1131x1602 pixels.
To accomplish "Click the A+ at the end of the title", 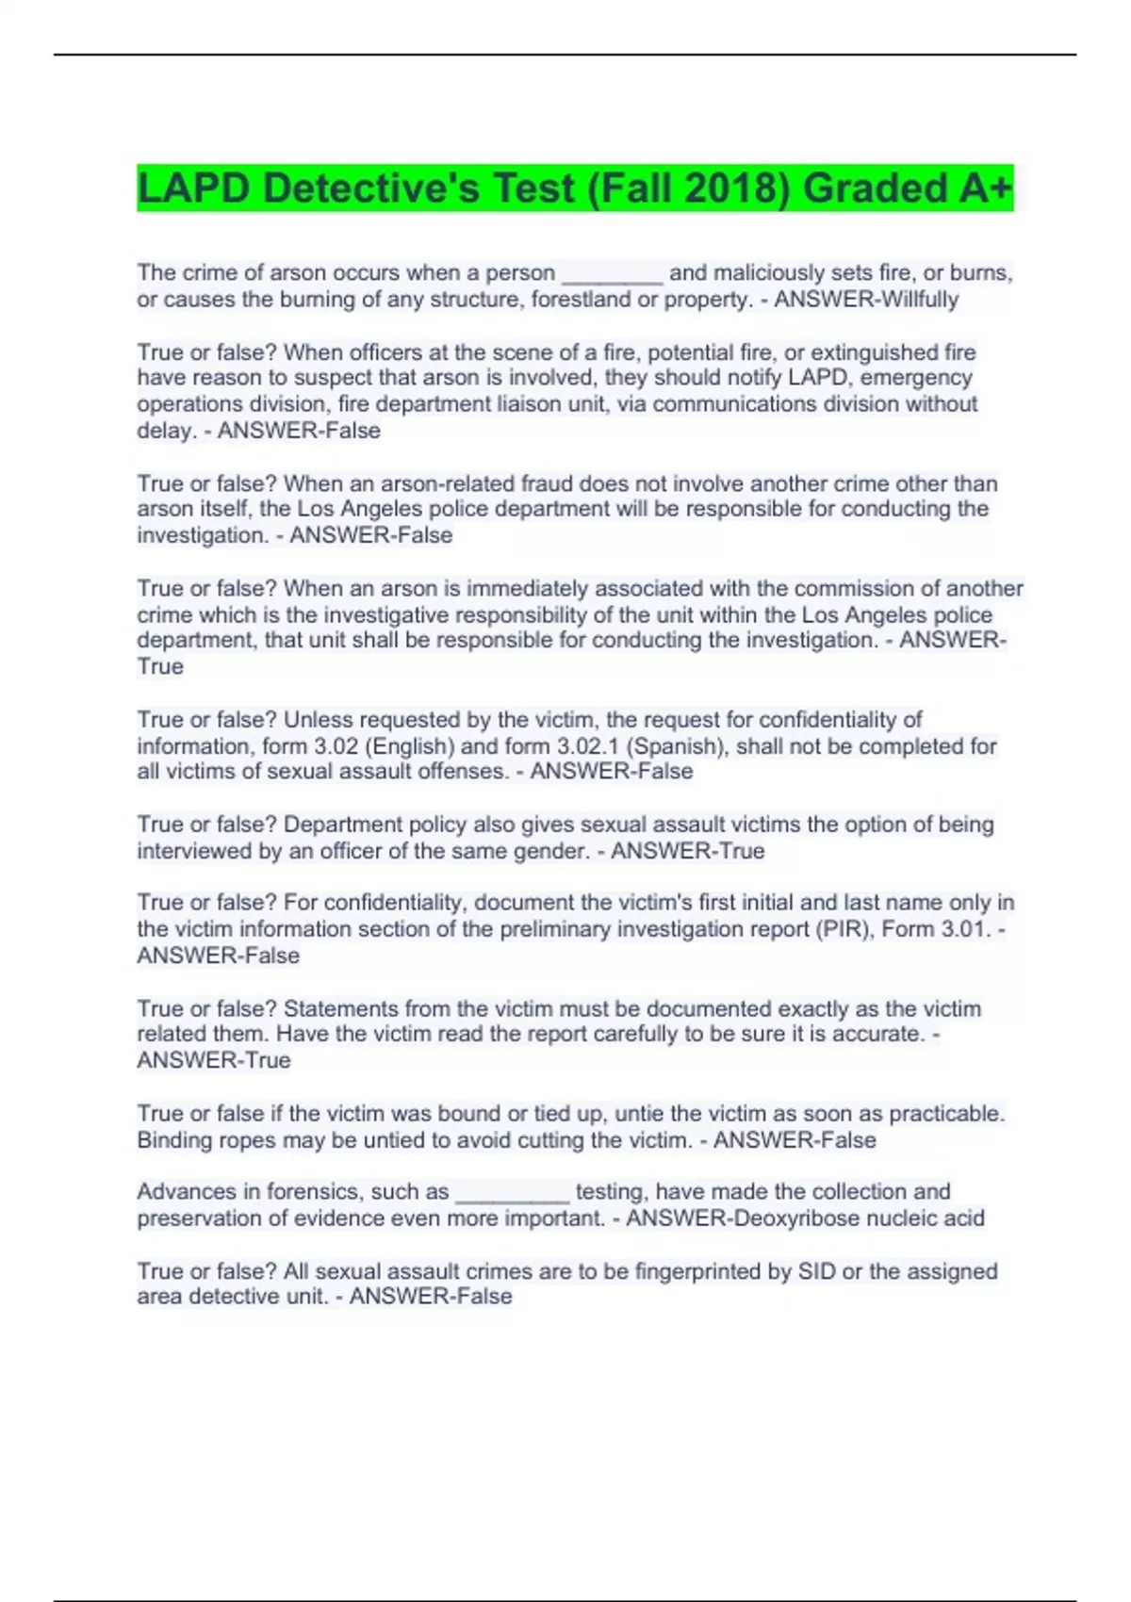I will [x=986, y=188].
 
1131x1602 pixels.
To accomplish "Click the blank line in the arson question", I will [x=613, y=273].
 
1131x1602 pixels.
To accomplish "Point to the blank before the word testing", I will [x=513, y=1192].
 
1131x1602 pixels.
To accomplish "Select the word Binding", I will [x=175, y=1140].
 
